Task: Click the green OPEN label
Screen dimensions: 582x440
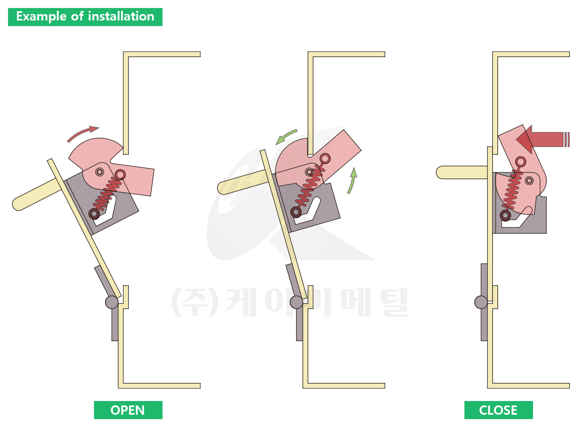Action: (x=128, y=410)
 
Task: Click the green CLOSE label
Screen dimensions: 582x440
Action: (x=498, y=410)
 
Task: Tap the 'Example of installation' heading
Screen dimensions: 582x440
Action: (x=85, y=17)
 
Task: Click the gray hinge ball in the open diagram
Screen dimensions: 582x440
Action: (x=112, y=302)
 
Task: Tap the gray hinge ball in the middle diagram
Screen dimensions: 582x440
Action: (x=296, y=302)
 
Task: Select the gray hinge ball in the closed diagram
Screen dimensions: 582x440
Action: (x=481, y=302)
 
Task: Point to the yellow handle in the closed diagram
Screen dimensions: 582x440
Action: (x=462, y=172)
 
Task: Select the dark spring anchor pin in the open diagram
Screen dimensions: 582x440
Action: (x=94, y=214)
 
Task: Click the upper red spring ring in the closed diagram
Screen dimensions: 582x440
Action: (x=521, y=162)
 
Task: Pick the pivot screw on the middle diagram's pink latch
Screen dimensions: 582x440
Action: (x=309, y=172)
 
